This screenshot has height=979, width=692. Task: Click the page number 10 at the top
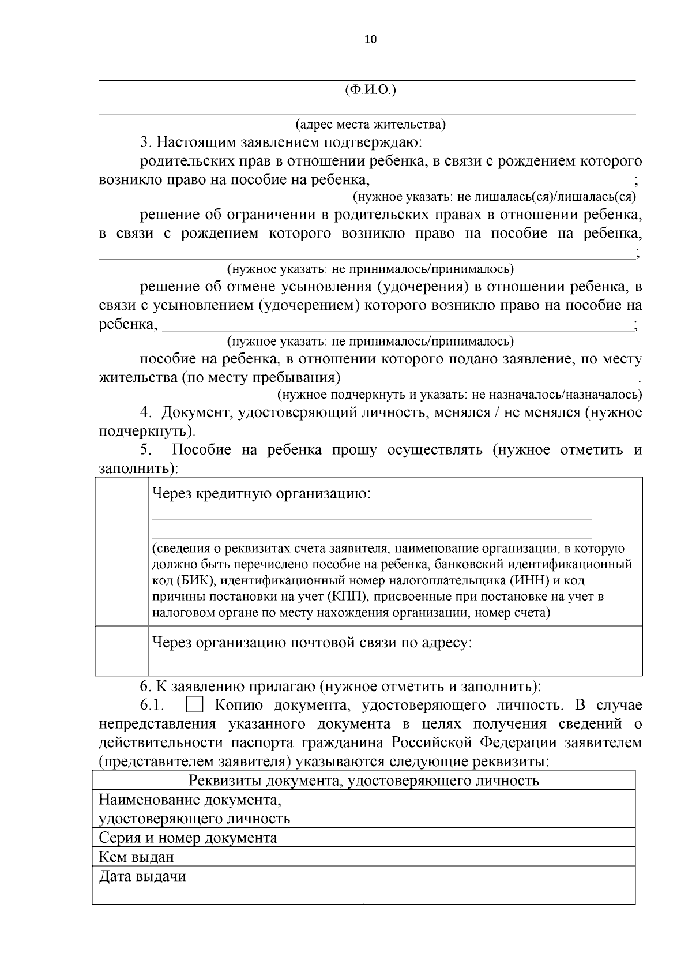tap(370, 40)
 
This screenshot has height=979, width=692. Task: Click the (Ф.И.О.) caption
tap(370, 90)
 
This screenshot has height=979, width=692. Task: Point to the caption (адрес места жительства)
tap(370, 125)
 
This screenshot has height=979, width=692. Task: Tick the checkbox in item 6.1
tap(195, 706)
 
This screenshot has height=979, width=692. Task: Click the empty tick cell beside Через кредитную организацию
tap(122, 551)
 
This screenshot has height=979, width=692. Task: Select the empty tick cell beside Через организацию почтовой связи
tap(122, 650)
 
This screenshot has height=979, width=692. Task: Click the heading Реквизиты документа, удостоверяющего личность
tap(364, 781)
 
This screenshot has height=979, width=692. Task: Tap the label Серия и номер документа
tap(188, 838)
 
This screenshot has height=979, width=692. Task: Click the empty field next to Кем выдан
tap(499, 857)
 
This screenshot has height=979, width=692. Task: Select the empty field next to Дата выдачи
tap(499, 885)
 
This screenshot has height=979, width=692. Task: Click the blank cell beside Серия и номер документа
tap(499, 838)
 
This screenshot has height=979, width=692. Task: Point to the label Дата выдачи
tap(142, 877)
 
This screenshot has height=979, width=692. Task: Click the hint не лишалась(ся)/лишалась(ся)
tap(546, 197)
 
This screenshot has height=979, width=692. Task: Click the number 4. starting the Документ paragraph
tap(145, 413)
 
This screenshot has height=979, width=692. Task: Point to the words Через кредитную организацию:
tap(261, 494)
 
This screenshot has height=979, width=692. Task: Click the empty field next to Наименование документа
tap(499, 809)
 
